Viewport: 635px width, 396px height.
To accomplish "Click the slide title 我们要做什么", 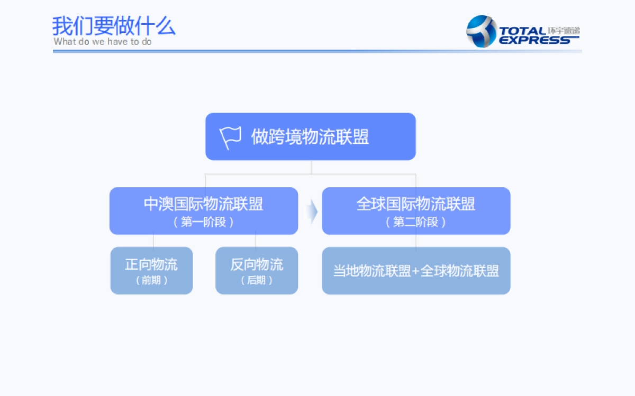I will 113,25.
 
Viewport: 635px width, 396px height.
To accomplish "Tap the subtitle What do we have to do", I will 103,42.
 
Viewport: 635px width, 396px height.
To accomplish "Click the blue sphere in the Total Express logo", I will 480,31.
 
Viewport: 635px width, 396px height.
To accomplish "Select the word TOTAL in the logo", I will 522,31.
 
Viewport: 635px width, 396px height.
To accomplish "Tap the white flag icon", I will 230,137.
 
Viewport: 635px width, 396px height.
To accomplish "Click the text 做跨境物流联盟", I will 310,137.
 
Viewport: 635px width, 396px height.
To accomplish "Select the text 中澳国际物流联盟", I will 203,204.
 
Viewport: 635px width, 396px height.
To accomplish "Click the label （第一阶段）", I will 203,222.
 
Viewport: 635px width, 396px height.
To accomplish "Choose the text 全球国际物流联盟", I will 416,204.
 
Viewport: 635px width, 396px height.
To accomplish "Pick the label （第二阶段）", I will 416,222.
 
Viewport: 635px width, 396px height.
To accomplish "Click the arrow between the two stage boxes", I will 312,211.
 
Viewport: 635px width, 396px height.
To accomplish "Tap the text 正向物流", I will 151,264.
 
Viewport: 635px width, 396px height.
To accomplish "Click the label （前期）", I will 151,280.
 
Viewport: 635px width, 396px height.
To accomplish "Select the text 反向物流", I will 257,264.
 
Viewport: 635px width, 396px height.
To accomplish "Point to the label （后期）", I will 257,280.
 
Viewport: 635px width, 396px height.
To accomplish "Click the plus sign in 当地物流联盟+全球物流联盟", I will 415,271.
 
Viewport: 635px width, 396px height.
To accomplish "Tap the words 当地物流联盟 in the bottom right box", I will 372,271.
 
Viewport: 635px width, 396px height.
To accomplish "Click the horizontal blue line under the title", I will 317,51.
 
